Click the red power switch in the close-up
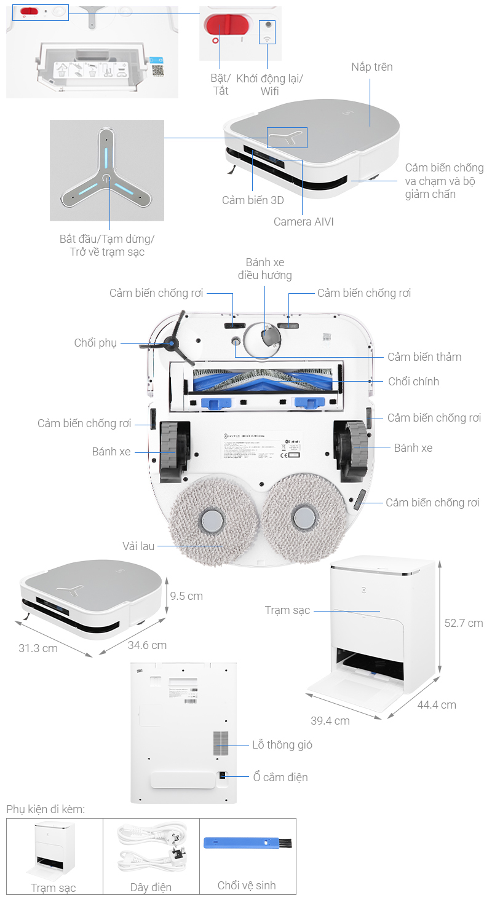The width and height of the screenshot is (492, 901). point(226,26)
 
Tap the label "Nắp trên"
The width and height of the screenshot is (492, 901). point(371,67)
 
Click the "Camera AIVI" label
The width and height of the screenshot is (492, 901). point(303,222)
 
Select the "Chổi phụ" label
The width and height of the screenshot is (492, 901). point(95,343)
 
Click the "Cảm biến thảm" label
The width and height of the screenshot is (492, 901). point(424,357)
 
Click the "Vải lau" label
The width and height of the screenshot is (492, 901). point(138,546)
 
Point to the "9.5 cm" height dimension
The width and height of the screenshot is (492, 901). point(186,596)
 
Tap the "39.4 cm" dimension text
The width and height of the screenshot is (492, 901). point(330,720)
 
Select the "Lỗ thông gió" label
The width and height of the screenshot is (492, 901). point(282,745)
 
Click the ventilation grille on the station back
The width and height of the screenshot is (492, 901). point(221,743)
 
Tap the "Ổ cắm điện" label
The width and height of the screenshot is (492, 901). point(280,777)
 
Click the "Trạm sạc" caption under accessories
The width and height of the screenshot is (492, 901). point(54,888)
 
